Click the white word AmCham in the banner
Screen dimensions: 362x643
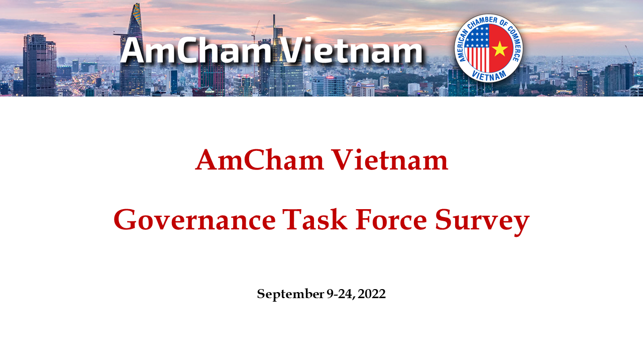[195, 51]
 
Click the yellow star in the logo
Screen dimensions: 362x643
[500, 48]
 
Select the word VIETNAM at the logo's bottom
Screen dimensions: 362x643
[489, 74]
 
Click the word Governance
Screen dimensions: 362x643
[194, 220]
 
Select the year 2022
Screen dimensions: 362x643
[372, 294]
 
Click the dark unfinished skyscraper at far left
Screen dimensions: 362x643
[39, 65]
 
